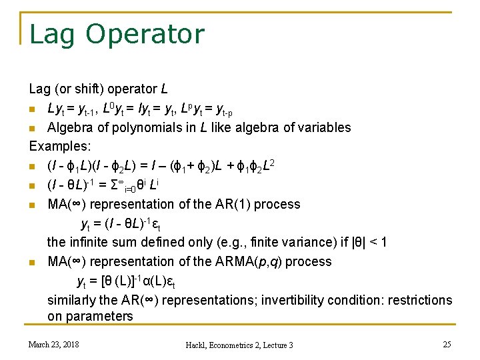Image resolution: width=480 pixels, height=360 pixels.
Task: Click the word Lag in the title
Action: click(51, 34)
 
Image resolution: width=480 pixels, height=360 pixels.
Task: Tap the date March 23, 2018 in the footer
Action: click(53, 344)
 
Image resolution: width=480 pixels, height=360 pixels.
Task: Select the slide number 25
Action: click(447, 344)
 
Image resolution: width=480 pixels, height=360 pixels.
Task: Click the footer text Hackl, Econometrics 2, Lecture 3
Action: click(240, 345)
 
